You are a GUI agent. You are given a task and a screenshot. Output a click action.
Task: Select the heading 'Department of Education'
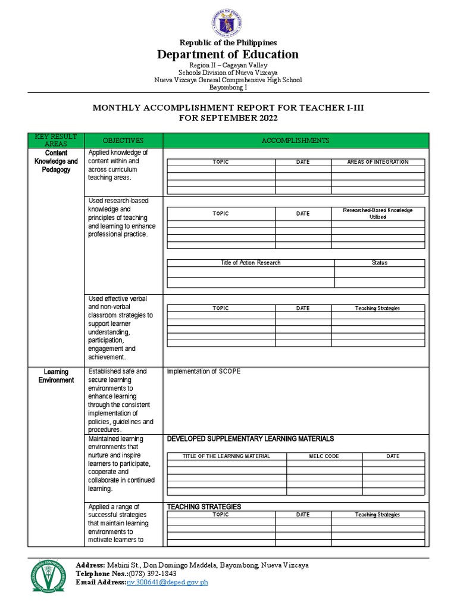[228, 55]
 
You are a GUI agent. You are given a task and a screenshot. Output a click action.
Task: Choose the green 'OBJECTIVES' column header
[123, 140]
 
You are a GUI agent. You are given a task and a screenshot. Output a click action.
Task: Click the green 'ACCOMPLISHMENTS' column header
[296, 140]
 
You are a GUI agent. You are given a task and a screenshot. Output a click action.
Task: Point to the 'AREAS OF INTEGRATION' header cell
[378, 162]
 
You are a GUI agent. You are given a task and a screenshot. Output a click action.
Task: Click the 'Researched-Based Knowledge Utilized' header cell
[378, 214]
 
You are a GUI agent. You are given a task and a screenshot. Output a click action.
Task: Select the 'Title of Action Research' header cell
[251, 263]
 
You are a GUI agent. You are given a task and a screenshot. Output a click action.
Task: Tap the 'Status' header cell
[379, 263]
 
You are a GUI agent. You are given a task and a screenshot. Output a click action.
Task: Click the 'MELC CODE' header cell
[324, 456]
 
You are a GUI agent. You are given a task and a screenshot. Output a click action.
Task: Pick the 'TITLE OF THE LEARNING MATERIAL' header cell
[226, 456]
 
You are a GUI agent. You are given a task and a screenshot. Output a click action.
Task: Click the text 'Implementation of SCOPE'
[204, 371]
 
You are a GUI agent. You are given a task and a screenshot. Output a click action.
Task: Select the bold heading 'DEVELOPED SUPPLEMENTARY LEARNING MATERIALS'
[250, 439]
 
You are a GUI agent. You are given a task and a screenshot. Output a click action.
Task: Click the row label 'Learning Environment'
[56, 375]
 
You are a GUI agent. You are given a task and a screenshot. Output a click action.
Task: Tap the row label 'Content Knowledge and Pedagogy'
[56, 161]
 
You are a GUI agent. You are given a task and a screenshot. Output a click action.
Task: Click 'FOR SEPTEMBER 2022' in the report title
[228, 118]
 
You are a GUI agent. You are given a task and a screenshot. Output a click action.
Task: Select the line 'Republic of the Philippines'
[228, 42]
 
